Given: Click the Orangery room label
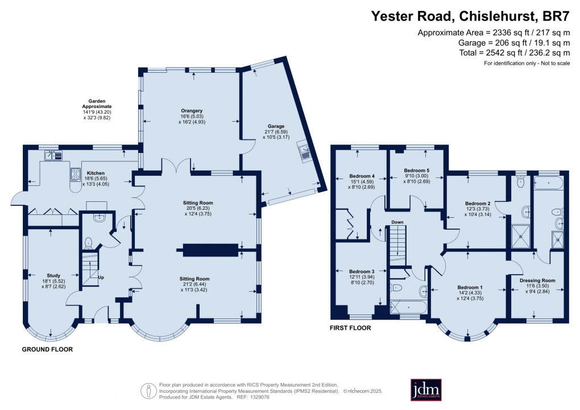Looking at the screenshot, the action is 192,111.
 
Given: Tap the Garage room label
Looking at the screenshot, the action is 276,126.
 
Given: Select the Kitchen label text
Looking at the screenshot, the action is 96,173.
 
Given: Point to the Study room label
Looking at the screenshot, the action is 53,276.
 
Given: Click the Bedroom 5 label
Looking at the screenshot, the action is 416,171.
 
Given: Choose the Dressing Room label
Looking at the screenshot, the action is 537,280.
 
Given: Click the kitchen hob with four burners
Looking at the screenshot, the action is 76,175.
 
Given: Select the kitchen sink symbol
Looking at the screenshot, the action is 53,155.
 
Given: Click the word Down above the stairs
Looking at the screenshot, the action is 397,222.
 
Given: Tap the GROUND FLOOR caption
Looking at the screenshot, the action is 47,349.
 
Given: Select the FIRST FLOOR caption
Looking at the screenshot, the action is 350,328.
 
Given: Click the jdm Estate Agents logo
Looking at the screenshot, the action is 426,390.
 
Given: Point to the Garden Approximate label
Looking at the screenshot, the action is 97,103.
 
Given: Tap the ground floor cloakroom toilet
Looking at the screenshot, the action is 88,243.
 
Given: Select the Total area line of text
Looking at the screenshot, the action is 515,53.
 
